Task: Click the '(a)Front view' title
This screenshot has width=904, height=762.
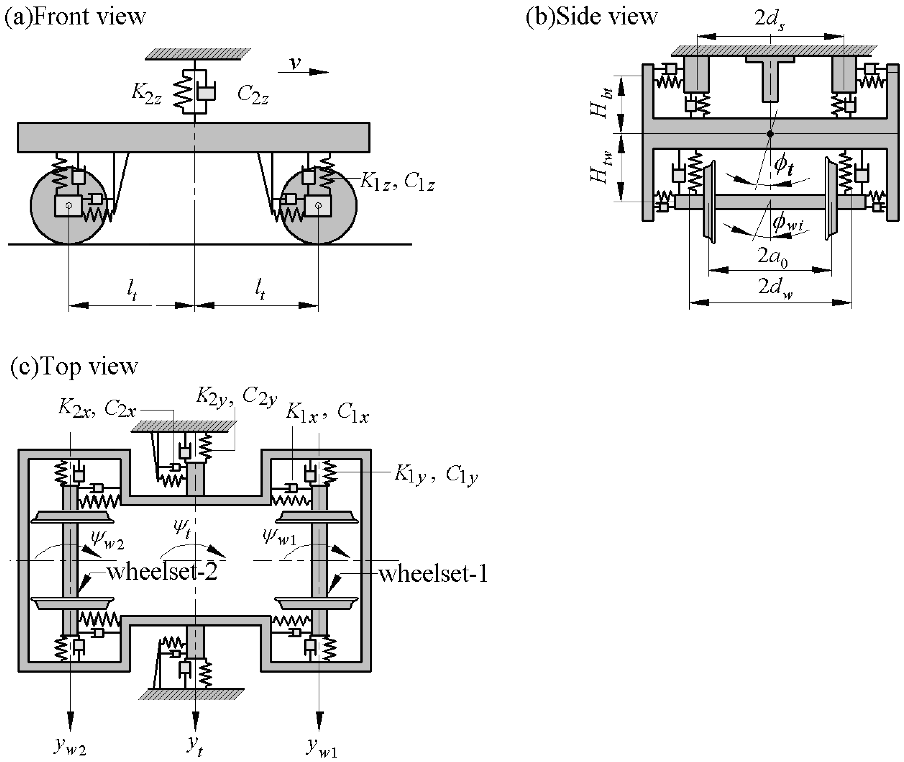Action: coord(75,17)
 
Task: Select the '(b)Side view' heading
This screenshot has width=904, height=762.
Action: coord(591,17)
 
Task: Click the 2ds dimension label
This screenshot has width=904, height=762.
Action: coord(770,19)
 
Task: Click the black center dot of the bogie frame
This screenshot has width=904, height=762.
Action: coord(770,134)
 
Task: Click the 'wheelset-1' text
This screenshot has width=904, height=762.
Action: coord(433,574)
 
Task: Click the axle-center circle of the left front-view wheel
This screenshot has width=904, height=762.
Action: coord(69,206)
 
